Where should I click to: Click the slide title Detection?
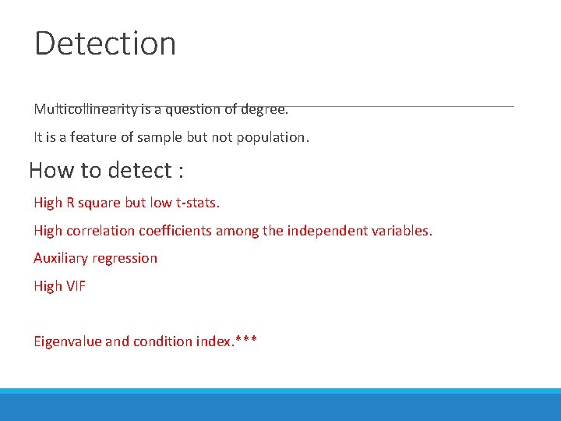point(105,43)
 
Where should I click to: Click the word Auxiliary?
point(61,258)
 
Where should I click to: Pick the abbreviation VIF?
point(75,286)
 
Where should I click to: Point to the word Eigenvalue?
point(67,341)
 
